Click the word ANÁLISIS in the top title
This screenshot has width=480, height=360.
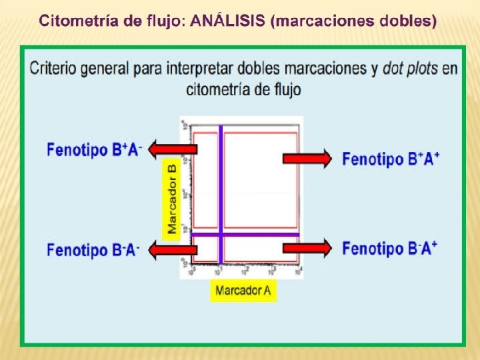point(228,21)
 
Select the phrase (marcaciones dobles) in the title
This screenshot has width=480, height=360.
point(354,21)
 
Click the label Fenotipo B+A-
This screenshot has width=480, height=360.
point(94,150)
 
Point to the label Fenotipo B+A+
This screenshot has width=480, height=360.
point(391,159)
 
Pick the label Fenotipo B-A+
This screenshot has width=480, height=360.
point(390,249)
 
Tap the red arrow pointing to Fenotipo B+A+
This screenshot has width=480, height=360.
point(307,158)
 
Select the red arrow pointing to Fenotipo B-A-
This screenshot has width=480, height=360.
point(172,249)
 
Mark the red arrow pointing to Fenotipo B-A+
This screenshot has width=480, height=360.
point(307,248)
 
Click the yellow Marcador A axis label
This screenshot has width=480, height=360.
point(243,291)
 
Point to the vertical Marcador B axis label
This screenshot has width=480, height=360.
point(172,199)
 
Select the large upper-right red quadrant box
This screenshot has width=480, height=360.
point(260,180)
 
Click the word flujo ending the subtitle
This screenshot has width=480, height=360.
point(283,89)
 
